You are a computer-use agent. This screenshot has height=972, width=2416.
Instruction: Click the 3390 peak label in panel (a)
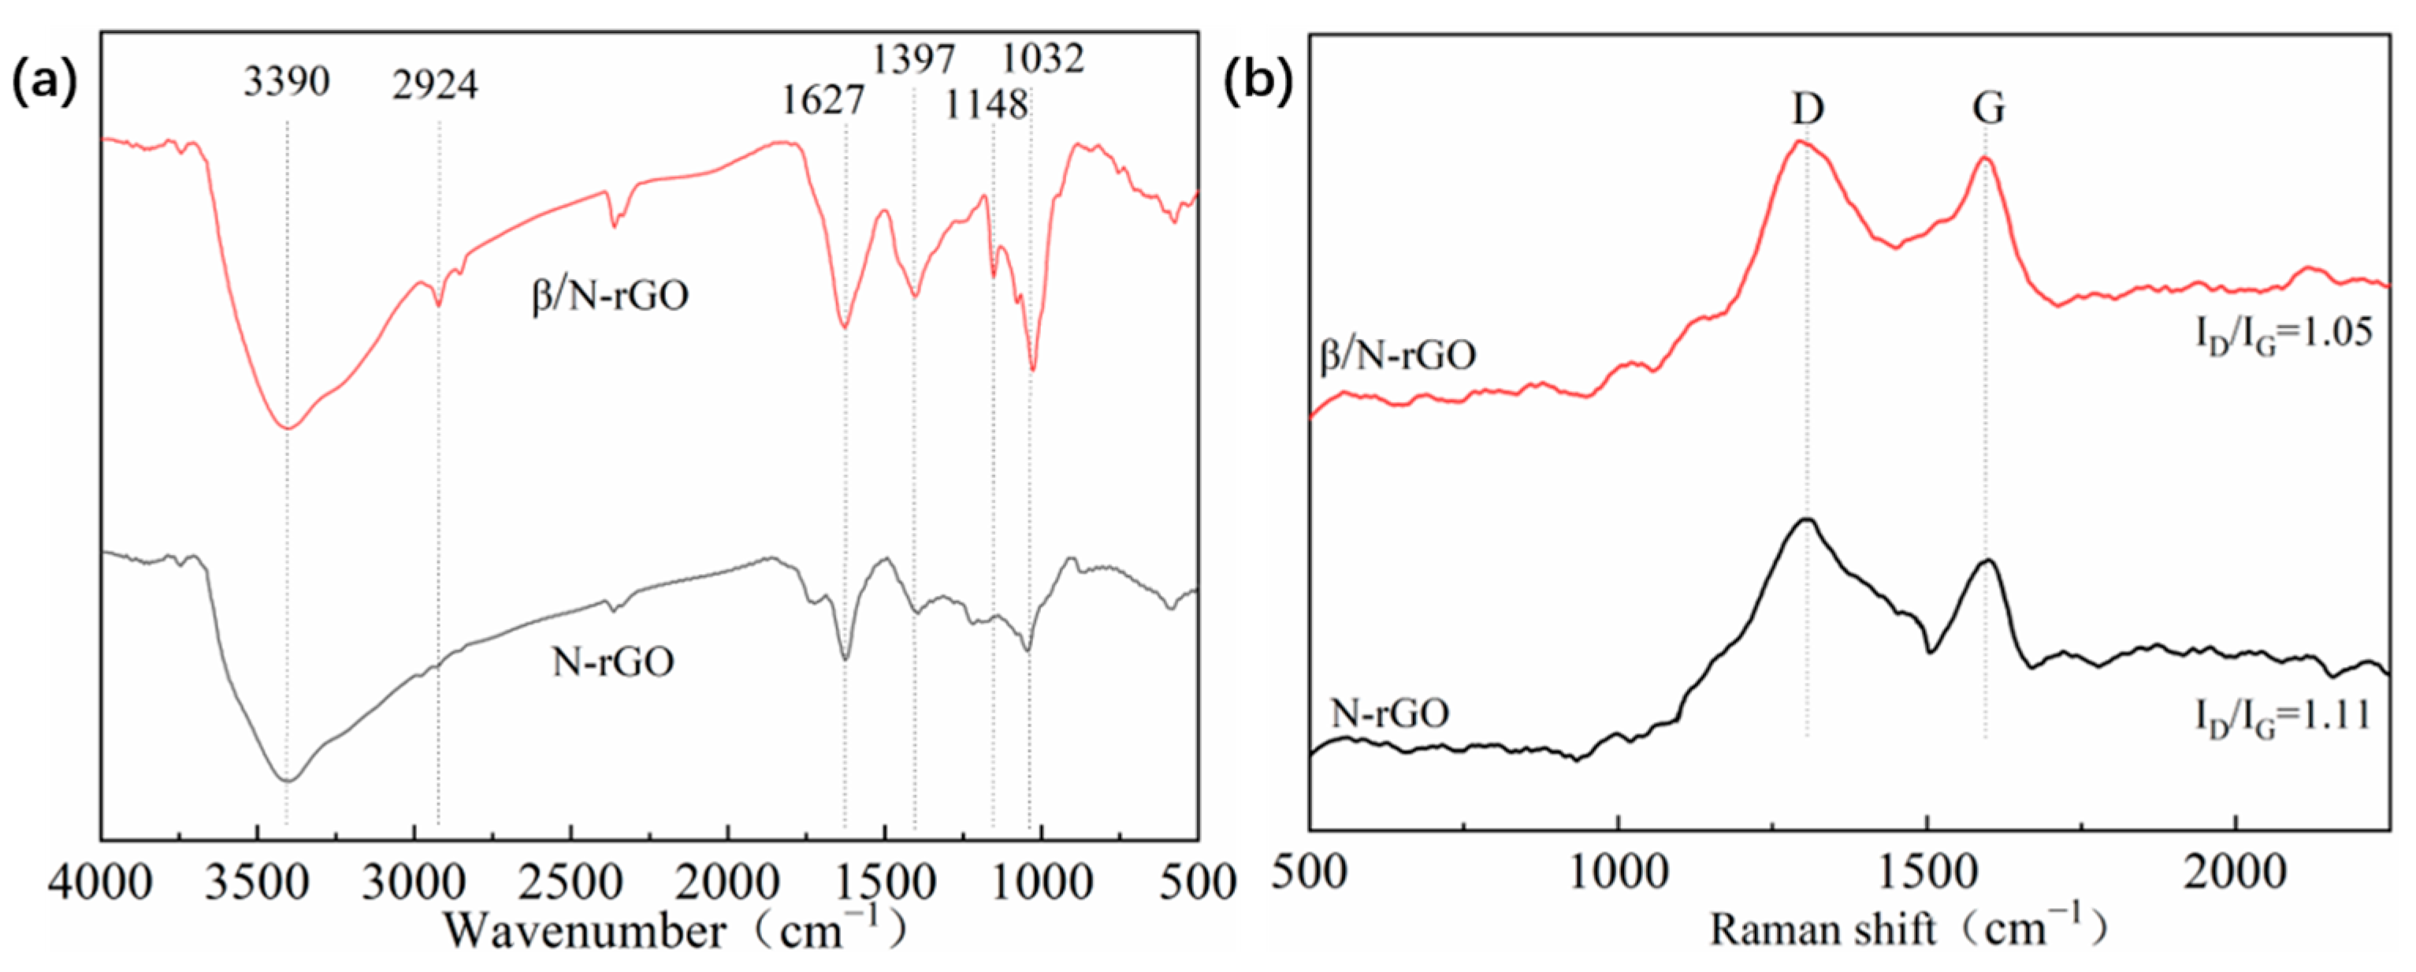point(286,83)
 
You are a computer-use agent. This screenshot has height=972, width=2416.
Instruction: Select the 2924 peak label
point(435,85)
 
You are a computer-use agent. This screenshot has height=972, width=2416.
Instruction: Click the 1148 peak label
point(986,105)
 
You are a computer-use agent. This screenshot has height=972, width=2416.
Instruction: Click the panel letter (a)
point(43,83)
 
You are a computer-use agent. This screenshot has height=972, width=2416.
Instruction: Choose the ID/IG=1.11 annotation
point(2282,719)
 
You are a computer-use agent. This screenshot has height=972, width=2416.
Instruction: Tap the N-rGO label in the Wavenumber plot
point(612,662)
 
